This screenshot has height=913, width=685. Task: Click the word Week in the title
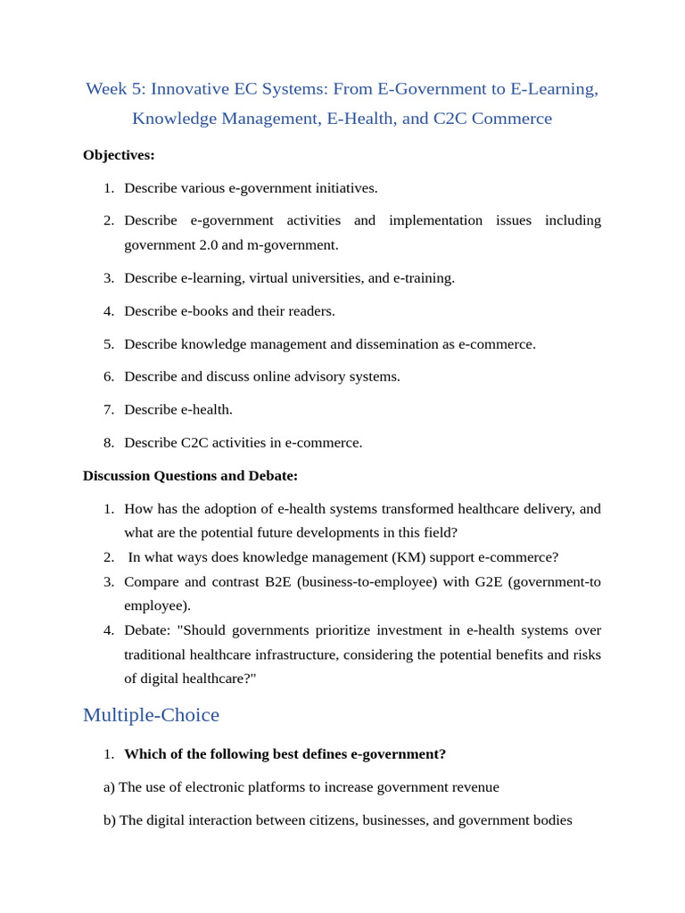[x=105, y=89]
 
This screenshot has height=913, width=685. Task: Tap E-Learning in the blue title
[x=553, y=89]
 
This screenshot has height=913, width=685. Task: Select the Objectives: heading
[x=119, y=155]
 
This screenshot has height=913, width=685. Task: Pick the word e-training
[x=423, y=277]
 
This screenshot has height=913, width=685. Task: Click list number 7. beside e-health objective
[x=109, y=409]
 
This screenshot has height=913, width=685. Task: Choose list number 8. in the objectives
[x=109, y=442]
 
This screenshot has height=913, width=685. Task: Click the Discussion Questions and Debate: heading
[x=190, y=475]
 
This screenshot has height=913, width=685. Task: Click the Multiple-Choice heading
[x=151, y=714]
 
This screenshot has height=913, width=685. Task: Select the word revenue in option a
[x=473, y=787]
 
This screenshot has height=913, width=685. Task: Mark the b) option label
[x=110, y=820]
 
